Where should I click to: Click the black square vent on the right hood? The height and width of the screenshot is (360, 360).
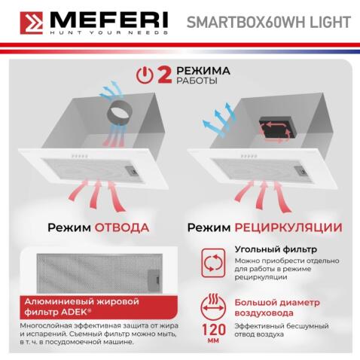click(x=273, y=128)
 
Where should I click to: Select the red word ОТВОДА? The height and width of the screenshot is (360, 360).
click(x=123, y=227)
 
